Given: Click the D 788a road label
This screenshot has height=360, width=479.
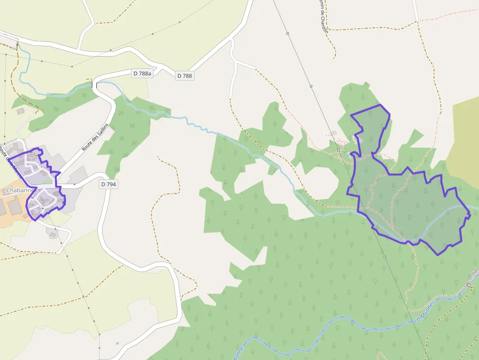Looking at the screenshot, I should [143, 73].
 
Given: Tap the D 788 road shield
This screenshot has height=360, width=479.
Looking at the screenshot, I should [185, 76].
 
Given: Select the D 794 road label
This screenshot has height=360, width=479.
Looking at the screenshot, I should [109, 184].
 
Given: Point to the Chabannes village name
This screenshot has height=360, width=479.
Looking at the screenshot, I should [20, 190].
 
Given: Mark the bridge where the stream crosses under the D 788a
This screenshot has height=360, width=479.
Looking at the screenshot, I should [94, 86].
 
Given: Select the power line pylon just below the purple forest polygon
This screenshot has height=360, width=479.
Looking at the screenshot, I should [385, 256].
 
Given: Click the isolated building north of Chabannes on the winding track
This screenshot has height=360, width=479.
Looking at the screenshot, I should [21, 111].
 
